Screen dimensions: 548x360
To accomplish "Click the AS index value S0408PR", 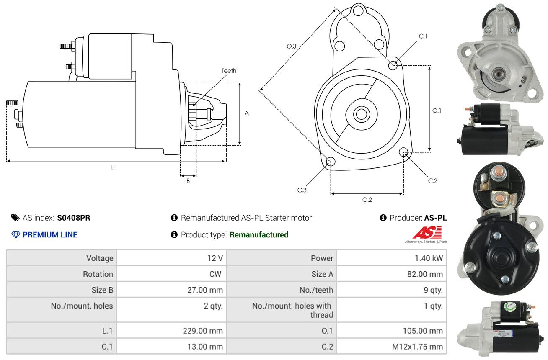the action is click(74, 218).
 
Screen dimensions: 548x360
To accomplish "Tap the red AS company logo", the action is click(427, 232).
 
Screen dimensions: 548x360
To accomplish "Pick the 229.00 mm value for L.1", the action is click(203, 331).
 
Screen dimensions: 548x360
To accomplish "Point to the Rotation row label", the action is click(98, 274).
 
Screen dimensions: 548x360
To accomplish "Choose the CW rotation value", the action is click(215, 274).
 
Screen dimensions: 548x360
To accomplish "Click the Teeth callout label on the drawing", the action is click(229, 71).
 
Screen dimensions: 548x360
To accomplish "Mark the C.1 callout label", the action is click(423, 36).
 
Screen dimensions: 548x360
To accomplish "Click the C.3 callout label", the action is click(302, 190).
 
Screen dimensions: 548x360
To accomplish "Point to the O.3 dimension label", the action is click(291, 46).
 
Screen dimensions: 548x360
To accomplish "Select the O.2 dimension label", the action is click(367, 200).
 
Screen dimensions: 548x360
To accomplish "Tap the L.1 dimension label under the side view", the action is click(114, 167).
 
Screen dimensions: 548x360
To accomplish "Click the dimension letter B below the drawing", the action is click(188, 181).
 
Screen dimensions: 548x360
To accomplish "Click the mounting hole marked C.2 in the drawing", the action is click(403, 152).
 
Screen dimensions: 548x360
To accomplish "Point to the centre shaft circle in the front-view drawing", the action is click(361, 114).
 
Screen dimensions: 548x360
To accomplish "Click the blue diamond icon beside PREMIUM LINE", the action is click(16, 234).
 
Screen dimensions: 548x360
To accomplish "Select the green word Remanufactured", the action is click(259, 234).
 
